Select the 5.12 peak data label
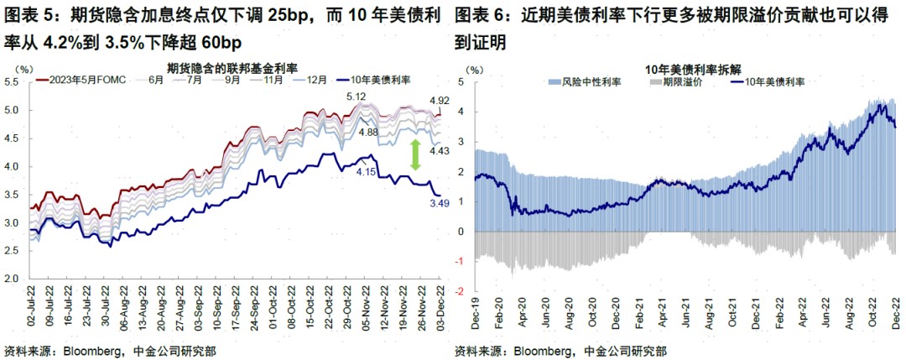357,97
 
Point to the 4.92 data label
439,101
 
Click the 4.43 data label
438,150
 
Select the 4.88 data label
367,132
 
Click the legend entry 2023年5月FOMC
88,80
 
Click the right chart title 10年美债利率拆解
685,68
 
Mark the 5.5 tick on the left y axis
14,82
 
